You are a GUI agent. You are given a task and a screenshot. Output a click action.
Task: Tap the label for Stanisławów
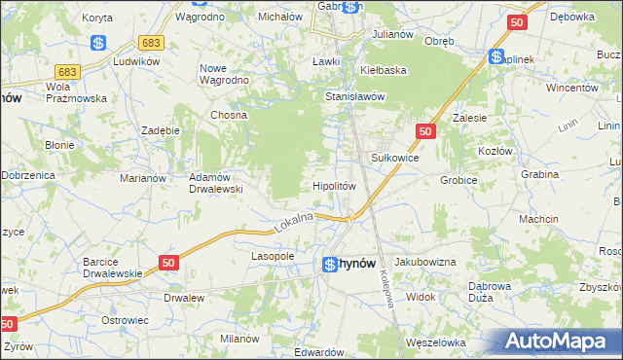[x=356, y=96]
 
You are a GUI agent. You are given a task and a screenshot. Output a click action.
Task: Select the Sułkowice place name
[x=395, y=156]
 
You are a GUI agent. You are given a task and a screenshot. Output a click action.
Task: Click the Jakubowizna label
[x=425, y=263]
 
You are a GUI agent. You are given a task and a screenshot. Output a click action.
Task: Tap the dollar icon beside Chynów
[x=331, y=264]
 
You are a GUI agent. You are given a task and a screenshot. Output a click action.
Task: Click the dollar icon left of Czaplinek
[x=496, y=58]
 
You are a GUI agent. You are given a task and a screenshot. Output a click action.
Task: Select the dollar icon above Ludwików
[x=97, y=43]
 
